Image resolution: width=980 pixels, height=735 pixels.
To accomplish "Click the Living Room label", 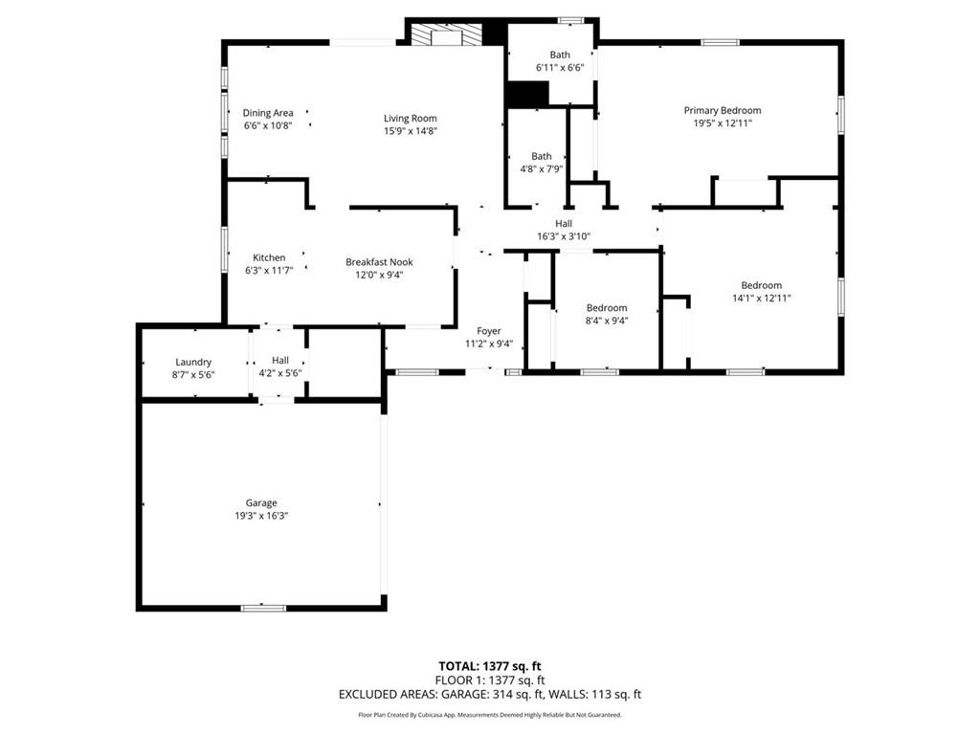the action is pos(410,118).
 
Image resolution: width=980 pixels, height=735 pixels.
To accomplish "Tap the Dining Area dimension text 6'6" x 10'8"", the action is pos(268,125).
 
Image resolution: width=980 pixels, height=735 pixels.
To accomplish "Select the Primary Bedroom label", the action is pos(723,111).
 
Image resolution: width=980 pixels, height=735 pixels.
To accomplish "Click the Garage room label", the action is pos(261,502).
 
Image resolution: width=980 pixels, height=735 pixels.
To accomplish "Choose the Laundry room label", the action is pos(193,362).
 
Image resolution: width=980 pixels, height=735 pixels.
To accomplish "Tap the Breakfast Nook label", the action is pos(379,262).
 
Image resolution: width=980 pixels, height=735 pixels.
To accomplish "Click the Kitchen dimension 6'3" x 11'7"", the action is pos(269,271).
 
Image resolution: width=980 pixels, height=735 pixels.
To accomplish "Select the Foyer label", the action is pos(489,331).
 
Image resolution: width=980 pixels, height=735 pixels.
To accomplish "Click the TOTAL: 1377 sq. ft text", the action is pos(489,666).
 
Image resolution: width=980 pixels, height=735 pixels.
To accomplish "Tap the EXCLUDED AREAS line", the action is pos(490,695).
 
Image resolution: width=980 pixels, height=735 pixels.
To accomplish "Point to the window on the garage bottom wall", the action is pos(264,608).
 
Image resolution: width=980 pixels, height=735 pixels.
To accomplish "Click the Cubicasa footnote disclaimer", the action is pos(490,715).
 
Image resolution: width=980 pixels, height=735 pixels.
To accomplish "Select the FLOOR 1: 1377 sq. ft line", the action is pos(490,680).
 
